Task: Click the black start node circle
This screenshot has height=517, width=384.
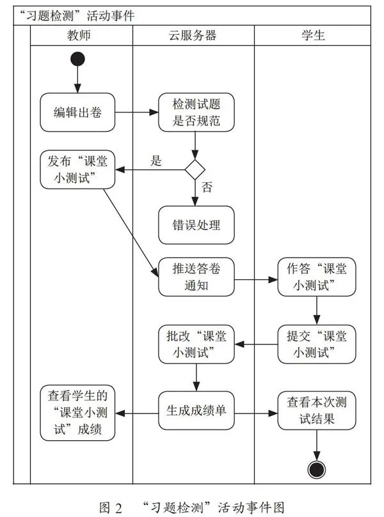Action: click(77, 59)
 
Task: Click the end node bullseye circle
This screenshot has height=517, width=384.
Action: click(316, 470)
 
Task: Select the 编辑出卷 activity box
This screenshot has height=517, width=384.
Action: click(77, 112)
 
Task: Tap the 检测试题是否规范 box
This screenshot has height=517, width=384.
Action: click(196, 112)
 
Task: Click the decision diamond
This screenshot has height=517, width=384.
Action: click(195, 170)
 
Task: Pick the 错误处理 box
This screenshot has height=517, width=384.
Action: click(196, 225)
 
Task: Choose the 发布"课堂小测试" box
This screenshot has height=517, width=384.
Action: click(77, 170)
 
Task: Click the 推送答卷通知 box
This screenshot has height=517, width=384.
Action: click(196, 277)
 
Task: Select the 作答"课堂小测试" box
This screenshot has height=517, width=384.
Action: click(317, 277)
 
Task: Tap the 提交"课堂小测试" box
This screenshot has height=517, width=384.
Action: click(317, 344)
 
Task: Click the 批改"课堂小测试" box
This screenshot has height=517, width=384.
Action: click(196, 344)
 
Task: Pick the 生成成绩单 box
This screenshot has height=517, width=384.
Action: click(196, 410)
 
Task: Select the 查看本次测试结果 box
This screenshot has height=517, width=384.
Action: click(317, 410)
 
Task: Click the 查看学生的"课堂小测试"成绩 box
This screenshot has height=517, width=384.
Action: click(77, 413)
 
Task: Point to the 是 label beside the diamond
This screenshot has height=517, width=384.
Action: click(156, 161)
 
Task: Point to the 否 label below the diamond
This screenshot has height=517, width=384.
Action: click(207, 187)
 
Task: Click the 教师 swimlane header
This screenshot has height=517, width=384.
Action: click(79, 35)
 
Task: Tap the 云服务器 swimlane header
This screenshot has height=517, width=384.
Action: click(193, 35)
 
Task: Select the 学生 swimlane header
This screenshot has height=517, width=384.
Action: click(313, 35)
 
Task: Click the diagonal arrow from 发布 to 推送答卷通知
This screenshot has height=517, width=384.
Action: click(131, 233)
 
